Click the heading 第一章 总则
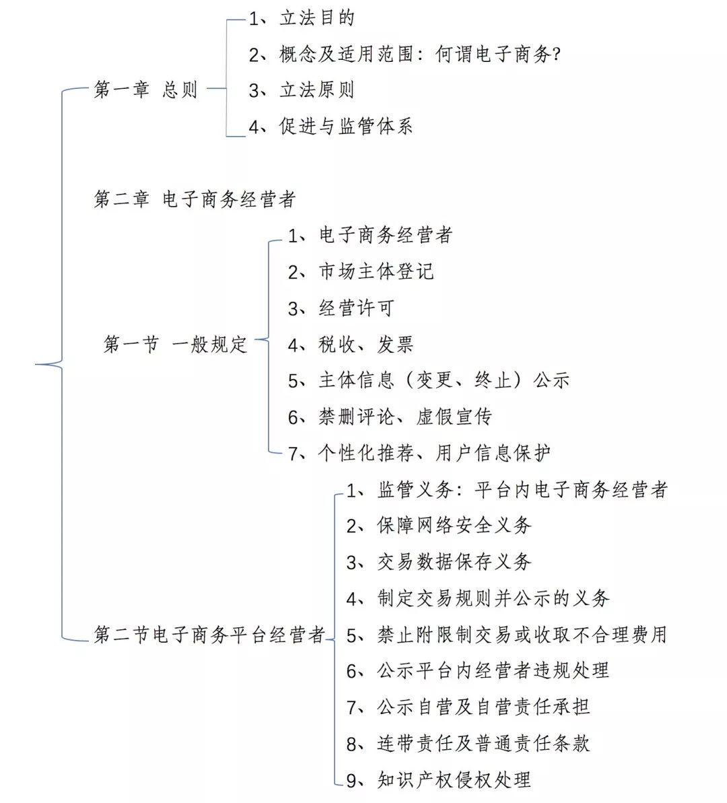(x=145, y=90)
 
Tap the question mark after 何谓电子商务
(x=557, y=54)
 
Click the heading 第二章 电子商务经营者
(x=195, y=199)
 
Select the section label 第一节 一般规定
(x=176, y=344)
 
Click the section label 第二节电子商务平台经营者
(x=209, y=635)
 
